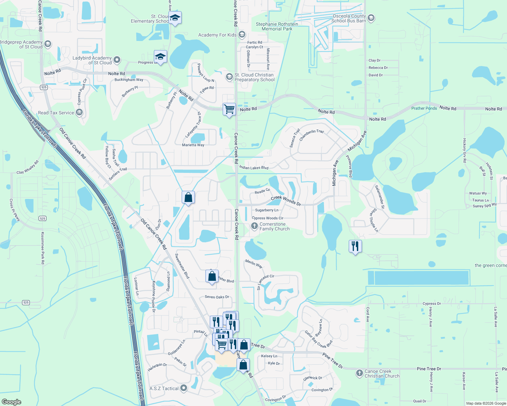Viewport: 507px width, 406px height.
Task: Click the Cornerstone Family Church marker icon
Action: coord(255,226)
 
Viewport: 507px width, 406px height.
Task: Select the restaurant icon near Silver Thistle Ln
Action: coord(355,246)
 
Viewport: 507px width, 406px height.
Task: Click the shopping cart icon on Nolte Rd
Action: coord(229,109)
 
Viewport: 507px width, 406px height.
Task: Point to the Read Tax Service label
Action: coord(56,113)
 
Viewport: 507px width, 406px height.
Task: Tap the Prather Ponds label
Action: coord(424,108)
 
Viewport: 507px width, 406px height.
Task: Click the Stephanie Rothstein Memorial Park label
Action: coord(277,26)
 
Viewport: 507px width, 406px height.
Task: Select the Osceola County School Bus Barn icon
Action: coord(371,18)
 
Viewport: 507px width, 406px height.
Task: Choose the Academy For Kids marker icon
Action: coord(242,35)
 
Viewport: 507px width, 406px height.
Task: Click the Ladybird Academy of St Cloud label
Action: coord(92,60)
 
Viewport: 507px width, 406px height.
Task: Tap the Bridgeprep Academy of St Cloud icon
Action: coord(48,44)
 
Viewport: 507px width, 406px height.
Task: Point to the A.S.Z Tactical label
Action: coord(164,388)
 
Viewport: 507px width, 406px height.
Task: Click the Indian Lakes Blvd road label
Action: coord(254,167)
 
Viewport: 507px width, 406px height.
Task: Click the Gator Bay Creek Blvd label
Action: coord(318,339)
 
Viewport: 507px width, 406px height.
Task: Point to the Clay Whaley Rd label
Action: coord(28,167)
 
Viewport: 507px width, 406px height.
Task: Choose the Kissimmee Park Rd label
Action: coord(43,248)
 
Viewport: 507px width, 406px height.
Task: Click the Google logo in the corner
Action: coord(12,402)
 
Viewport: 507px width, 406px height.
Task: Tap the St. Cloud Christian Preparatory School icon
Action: coord(229,77)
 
